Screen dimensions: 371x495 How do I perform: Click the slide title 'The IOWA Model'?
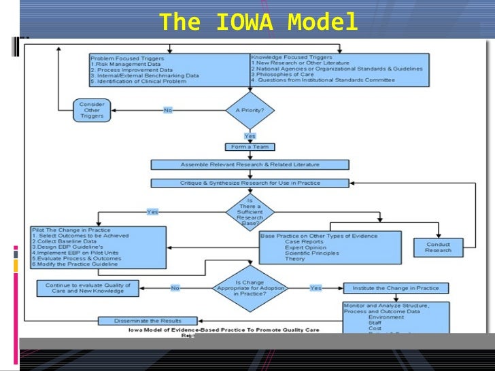(x=258, y=23)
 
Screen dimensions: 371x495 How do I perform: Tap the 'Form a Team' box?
(x=250, y=147)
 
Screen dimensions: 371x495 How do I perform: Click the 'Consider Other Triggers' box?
(x=92, y=109)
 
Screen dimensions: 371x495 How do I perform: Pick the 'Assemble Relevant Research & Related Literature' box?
(x=250, y=164)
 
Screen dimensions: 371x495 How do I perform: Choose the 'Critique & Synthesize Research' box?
(x=250, y=183)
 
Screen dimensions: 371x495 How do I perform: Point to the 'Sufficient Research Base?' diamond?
(x=250, y=211)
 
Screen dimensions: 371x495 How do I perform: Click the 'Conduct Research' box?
(x=438, y=247)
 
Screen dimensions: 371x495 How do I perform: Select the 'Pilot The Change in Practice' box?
(x=98, y=247)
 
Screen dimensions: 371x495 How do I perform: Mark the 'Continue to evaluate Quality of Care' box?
(x=88, y=287)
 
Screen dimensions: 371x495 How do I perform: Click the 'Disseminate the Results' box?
(x=148, y=321)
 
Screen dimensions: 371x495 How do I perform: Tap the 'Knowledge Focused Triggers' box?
(x=339, y=69)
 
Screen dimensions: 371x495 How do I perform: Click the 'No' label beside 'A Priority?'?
(x=168, y=109)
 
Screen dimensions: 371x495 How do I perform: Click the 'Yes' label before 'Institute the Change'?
(x=315, y=288)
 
